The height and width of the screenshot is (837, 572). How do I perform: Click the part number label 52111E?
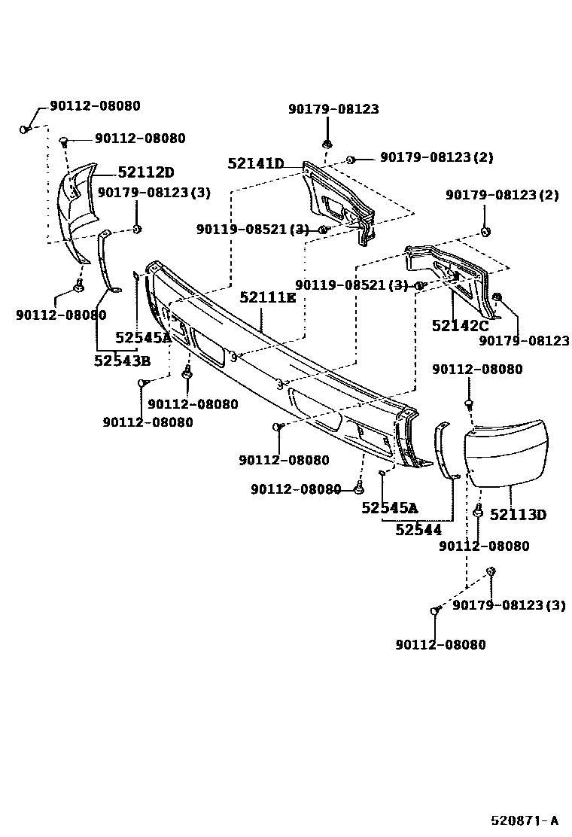pos(268,297)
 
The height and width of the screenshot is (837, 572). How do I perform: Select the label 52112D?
pos(145,172)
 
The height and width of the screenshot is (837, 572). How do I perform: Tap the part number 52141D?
pos(256,164)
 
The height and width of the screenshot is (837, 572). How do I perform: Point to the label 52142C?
pos(460,326)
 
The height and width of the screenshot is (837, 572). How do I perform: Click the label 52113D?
pos(518,515)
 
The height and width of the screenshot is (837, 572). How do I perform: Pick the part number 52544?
pos(418,530)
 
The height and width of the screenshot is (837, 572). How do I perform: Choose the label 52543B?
pos(122,361)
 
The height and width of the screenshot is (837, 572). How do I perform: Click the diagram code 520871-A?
pos(525,820)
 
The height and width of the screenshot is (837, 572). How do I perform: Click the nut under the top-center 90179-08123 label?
pos(327,143)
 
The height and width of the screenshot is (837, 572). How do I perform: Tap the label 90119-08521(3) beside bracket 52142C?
pos(351,285)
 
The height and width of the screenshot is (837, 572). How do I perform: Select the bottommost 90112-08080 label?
pos(440,644)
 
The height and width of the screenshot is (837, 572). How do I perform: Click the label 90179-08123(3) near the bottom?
pos(509,604)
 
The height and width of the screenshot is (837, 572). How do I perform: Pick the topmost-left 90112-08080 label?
pos(95,106)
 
